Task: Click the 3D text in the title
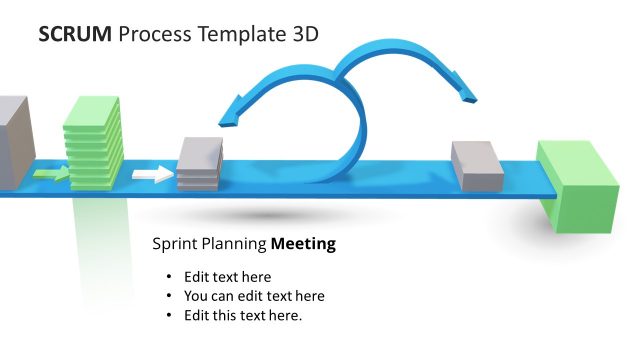(304, 34)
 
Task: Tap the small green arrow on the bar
(51, 175)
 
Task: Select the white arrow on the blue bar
(153, 175)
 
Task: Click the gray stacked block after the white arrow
(199, 164)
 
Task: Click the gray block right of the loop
(477, 165)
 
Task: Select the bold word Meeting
(304, 243)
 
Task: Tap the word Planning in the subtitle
(234, 243)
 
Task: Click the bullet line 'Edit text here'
(227, 277)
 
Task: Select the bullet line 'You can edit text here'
(254, 296)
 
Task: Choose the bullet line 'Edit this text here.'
(243, 315)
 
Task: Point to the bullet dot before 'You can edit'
(168, 296)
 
